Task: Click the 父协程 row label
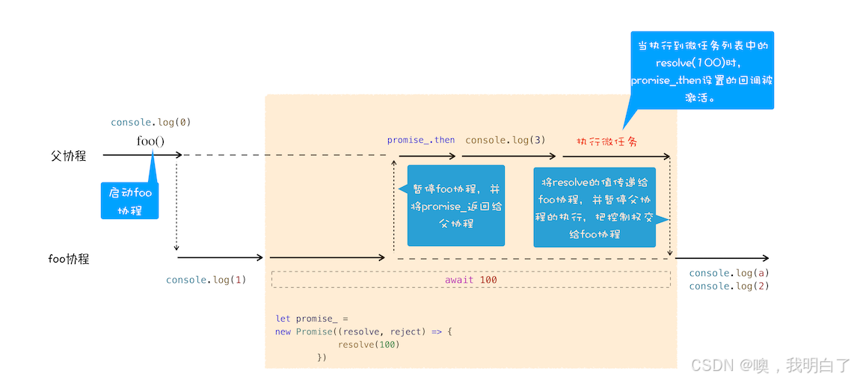coord(68,156)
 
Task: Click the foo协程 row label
coord(68,259)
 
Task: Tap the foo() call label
coord(150,141)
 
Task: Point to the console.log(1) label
coord(206,280)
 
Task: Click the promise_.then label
coord(421,140)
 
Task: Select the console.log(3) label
coord(505,140)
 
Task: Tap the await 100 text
coord(471,280)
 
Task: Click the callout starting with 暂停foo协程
coord(455,206)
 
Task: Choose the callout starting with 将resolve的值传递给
coord(595,207)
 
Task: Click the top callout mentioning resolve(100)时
coord(701,71)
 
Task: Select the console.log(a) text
coord(729,273)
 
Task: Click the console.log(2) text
coord(729,286)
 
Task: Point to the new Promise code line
coord(364,331)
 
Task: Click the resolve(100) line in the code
coord(369,344)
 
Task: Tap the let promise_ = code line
coord(312,319)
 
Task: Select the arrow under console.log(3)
coord(509,156)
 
